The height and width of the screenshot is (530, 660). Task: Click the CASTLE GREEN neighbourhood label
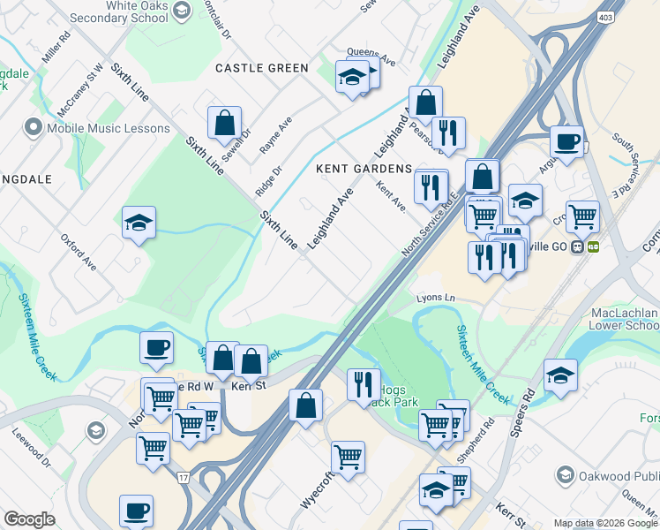(x=262, y=68)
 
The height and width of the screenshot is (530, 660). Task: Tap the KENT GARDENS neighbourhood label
(x=364, y=169)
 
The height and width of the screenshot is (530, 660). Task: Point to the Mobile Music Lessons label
(x=109, y=128)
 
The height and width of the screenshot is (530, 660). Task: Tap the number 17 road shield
(x=183, y=478)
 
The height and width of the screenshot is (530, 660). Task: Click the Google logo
(x=30, y=519)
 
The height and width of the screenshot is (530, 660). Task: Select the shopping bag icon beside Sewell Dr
(x=225, y=123)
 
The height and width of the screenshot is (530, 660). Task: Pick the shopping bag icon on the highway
(x=305, y=406)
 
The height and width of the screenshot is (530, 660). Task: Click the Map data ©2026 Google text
(x=605, y=523)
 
